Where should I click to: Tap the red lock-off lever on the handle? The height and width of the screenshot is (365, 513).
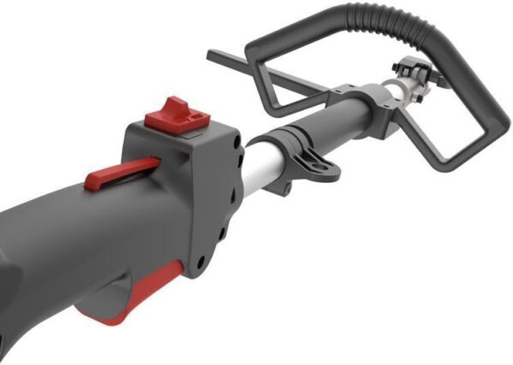pos(120,172)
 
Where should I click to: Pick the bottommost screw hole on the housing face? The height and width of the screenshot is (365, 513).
pos(203,261)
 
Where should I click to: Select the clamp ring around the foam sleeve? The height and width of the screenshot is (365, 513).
pos(295,141)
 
